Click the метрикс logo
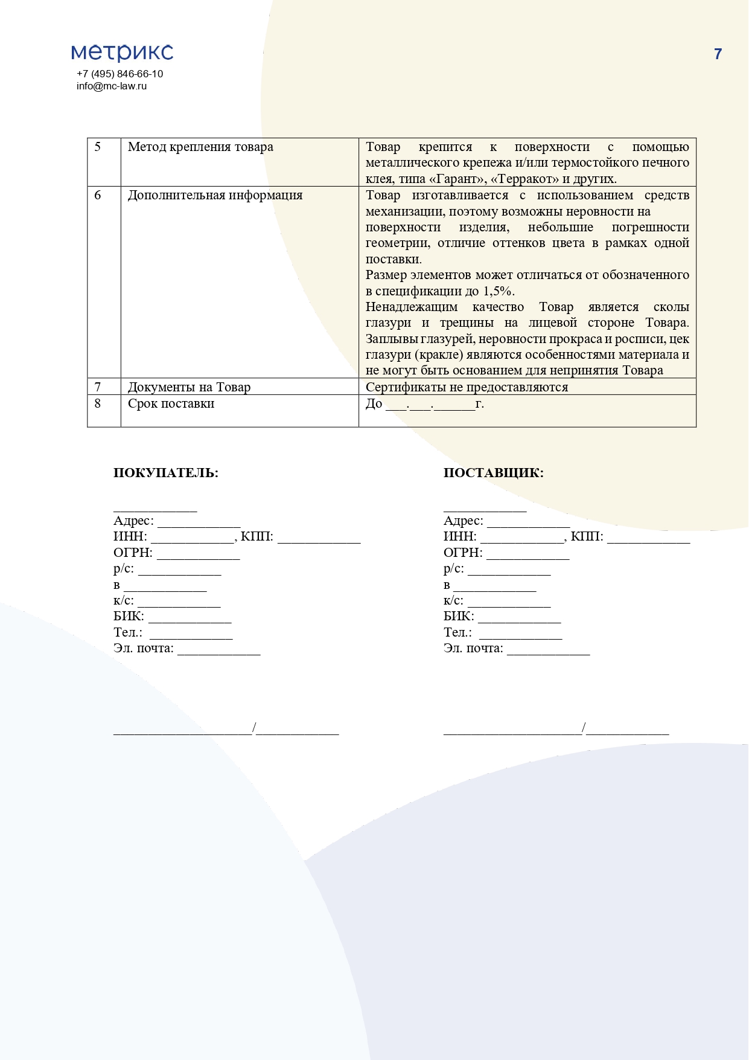pyautogui.click(x=122, y=53)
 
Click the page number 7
pyautogui.click(x=718, y=54)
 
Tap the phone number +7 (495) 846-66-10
pyautogui.click(x=120, y=74)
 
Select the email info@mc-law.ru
pyautogui.click(x=112, y=86)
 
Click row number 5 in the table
pyautogui.click(x=98, y=147)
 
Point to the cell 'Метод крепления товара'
pyautogui.click(x=200, y=147)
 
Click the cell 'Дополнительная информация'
pyautogui.click(x=215, y=195)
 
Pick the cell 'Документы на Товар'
pyautogui.click(x=189, y=387)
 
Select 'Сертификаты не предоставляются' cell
pyautogui.click(x=467, y=387)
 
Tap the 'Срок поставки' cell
pyautogui.click(x=171, y=403)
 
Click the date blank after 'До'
pyautogui.click(x=430, y=405)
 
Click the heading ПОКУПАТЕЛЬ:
pyautogui.click(x=166, y=473)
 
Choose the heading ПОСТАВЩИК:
pyautogui.click(x=493, y=473)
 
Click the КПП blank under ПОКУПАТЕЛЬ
pyautogui.click(x=319, y=538)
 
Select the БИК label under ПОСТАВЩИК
pyautogui.click(x=459, y=617)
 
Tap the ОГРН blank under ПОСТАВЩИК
pyautogui.click(x=527, y=554)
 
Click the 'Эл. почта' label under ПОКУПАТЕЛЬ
pyautogui.click(x=143, y=649)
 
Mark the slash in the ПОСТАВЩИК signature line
pyautogui.click(x=584, y=728)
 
